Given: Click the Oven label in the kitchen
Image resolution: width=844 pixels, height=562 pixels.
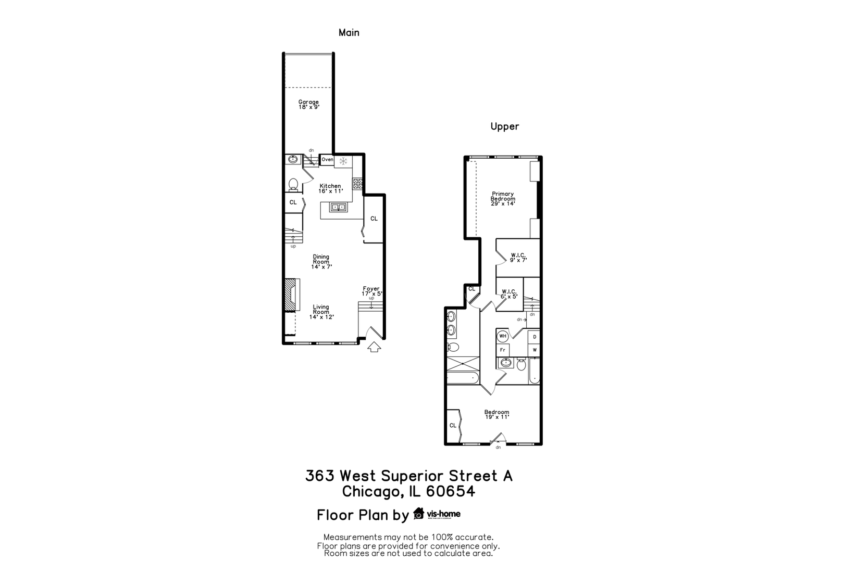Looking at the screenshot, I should coord(327,160).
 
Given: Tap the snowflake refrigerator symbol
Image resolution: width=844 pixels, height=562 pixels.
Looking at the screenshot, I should coord(343,161).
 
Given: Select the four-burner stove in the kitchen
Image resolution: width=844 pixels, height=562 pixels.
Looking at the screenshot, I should coord(358,183).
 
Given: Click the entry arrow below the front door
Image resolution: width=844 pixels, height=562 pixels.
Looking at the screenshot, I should coord(374,347).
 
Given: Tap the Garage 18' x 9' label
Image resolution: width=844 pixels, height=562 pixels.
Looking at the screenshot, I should coord(308,105).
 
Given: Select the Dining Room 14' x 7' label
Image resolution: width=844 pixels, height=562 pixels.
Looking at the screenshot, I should coord(321,262).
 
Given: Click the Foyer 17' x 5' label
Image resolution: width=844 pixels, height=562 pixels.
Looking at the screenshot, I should coord(372,291).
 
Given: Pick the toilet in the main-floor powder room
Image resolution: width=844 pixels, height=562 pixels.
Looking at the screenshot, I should coord(293,184).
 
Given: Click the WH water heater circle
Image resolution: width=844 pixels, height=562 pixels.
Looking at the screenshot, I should coord(503,336).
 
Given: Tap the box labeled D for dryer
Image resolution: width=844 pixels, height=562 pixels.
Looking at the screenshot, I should coord(535,337).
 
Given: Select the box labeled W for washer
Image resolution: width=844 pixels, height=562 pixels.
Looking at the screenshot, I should coord(535,350).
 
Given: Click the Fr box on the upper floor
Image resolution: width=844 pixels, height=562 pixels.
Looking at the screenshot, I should coord(503,350).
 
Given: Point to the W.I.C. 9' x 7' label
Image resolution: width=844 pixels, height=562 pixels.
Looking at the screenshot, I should coord(518,257).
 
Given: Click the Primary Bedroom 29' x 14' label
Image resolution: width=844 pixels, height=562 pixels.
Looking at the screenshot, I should coord(503,199).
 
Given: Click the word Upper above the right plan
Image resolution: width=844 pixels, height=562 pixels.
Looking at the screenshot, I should coord(504,126).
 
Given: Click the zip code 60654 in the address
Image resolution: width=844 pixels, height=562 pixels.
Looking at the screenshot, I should coord(450,491).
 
